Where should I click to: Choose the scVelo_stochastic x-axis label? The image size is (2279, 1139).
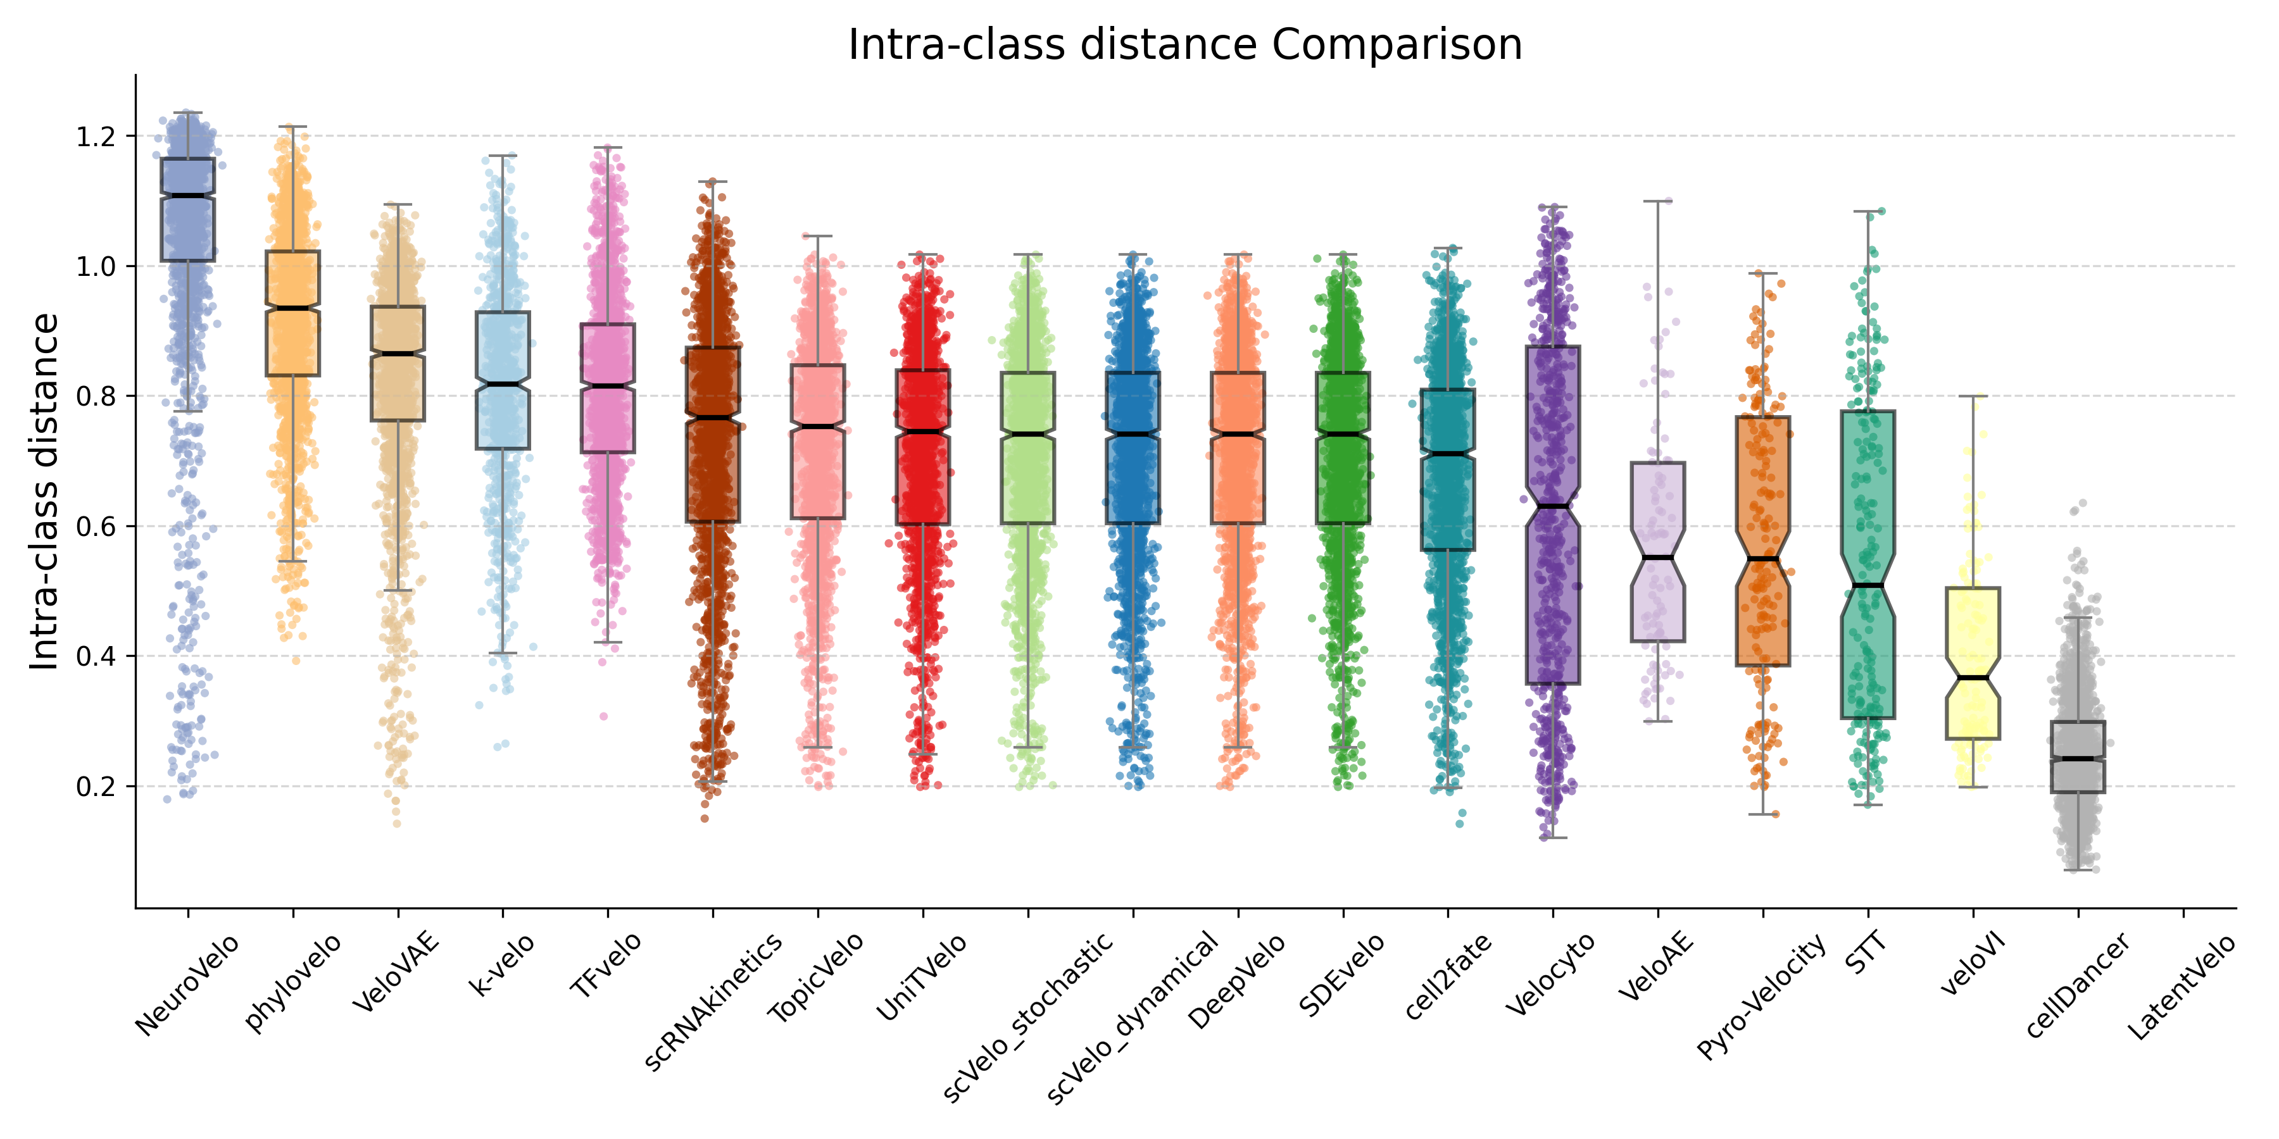pyautogui.click(x=1028, y=1017)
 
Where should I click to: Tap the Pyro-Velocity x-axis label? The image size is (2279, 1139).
pyautogui.click(x=1761, y=996)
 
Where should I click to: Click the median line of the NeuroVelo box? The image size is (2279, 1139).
pyautogui.click(x=187, y=196)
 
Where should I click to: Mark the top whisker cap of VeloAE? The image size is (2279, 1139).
pyautogui.click(x=1658, y=202)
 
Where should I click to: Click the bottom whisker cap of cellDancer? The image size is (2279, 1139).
pyautogui.click(x=2078, y=870)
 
